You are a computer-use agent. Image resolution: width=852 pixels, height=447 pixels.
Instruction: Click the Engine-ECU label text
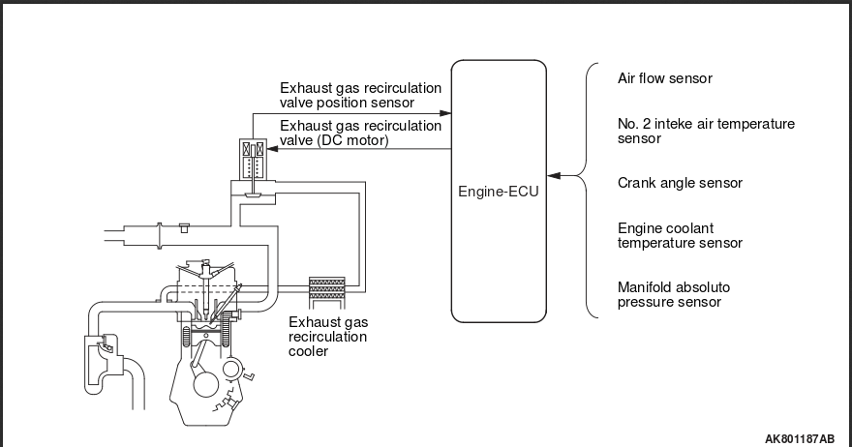pyautogui.click(x=498, y=192)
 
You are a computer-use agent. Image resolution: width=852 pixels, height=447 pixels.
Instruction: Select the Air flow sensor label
pyautogui.click(x=664, y=78)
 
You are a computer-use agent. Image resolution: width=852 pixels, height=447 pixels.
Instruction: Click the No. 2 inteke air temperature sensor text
pyautogui.click(x=691, y=131)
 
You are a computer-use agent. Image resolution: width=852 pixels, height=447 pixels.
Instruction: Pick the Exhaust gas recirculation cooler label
pyautogui.click(x=328, y=337)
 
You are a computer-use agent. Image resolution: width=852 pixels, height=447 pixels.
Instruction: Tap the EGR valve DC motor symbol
pyautogui.click(x=253, y=159)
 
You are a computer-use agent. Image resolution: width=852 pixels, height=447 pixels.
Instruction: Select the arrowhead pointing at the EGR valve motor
pyautogui.click(x=274, y=148)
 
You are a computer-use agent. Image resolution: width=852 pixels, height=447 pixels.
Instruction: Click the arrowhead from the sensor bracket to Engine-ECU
pyautogui.click(x=553, y=176)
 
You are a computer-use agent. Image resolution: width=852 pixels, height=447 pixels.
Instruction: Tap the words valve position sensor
pyautogui.click(x=346, y=102)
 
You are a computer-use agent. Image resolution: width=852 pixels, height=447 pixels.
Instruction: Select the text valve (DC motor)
pyautogui.click(x=334, y=139)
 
